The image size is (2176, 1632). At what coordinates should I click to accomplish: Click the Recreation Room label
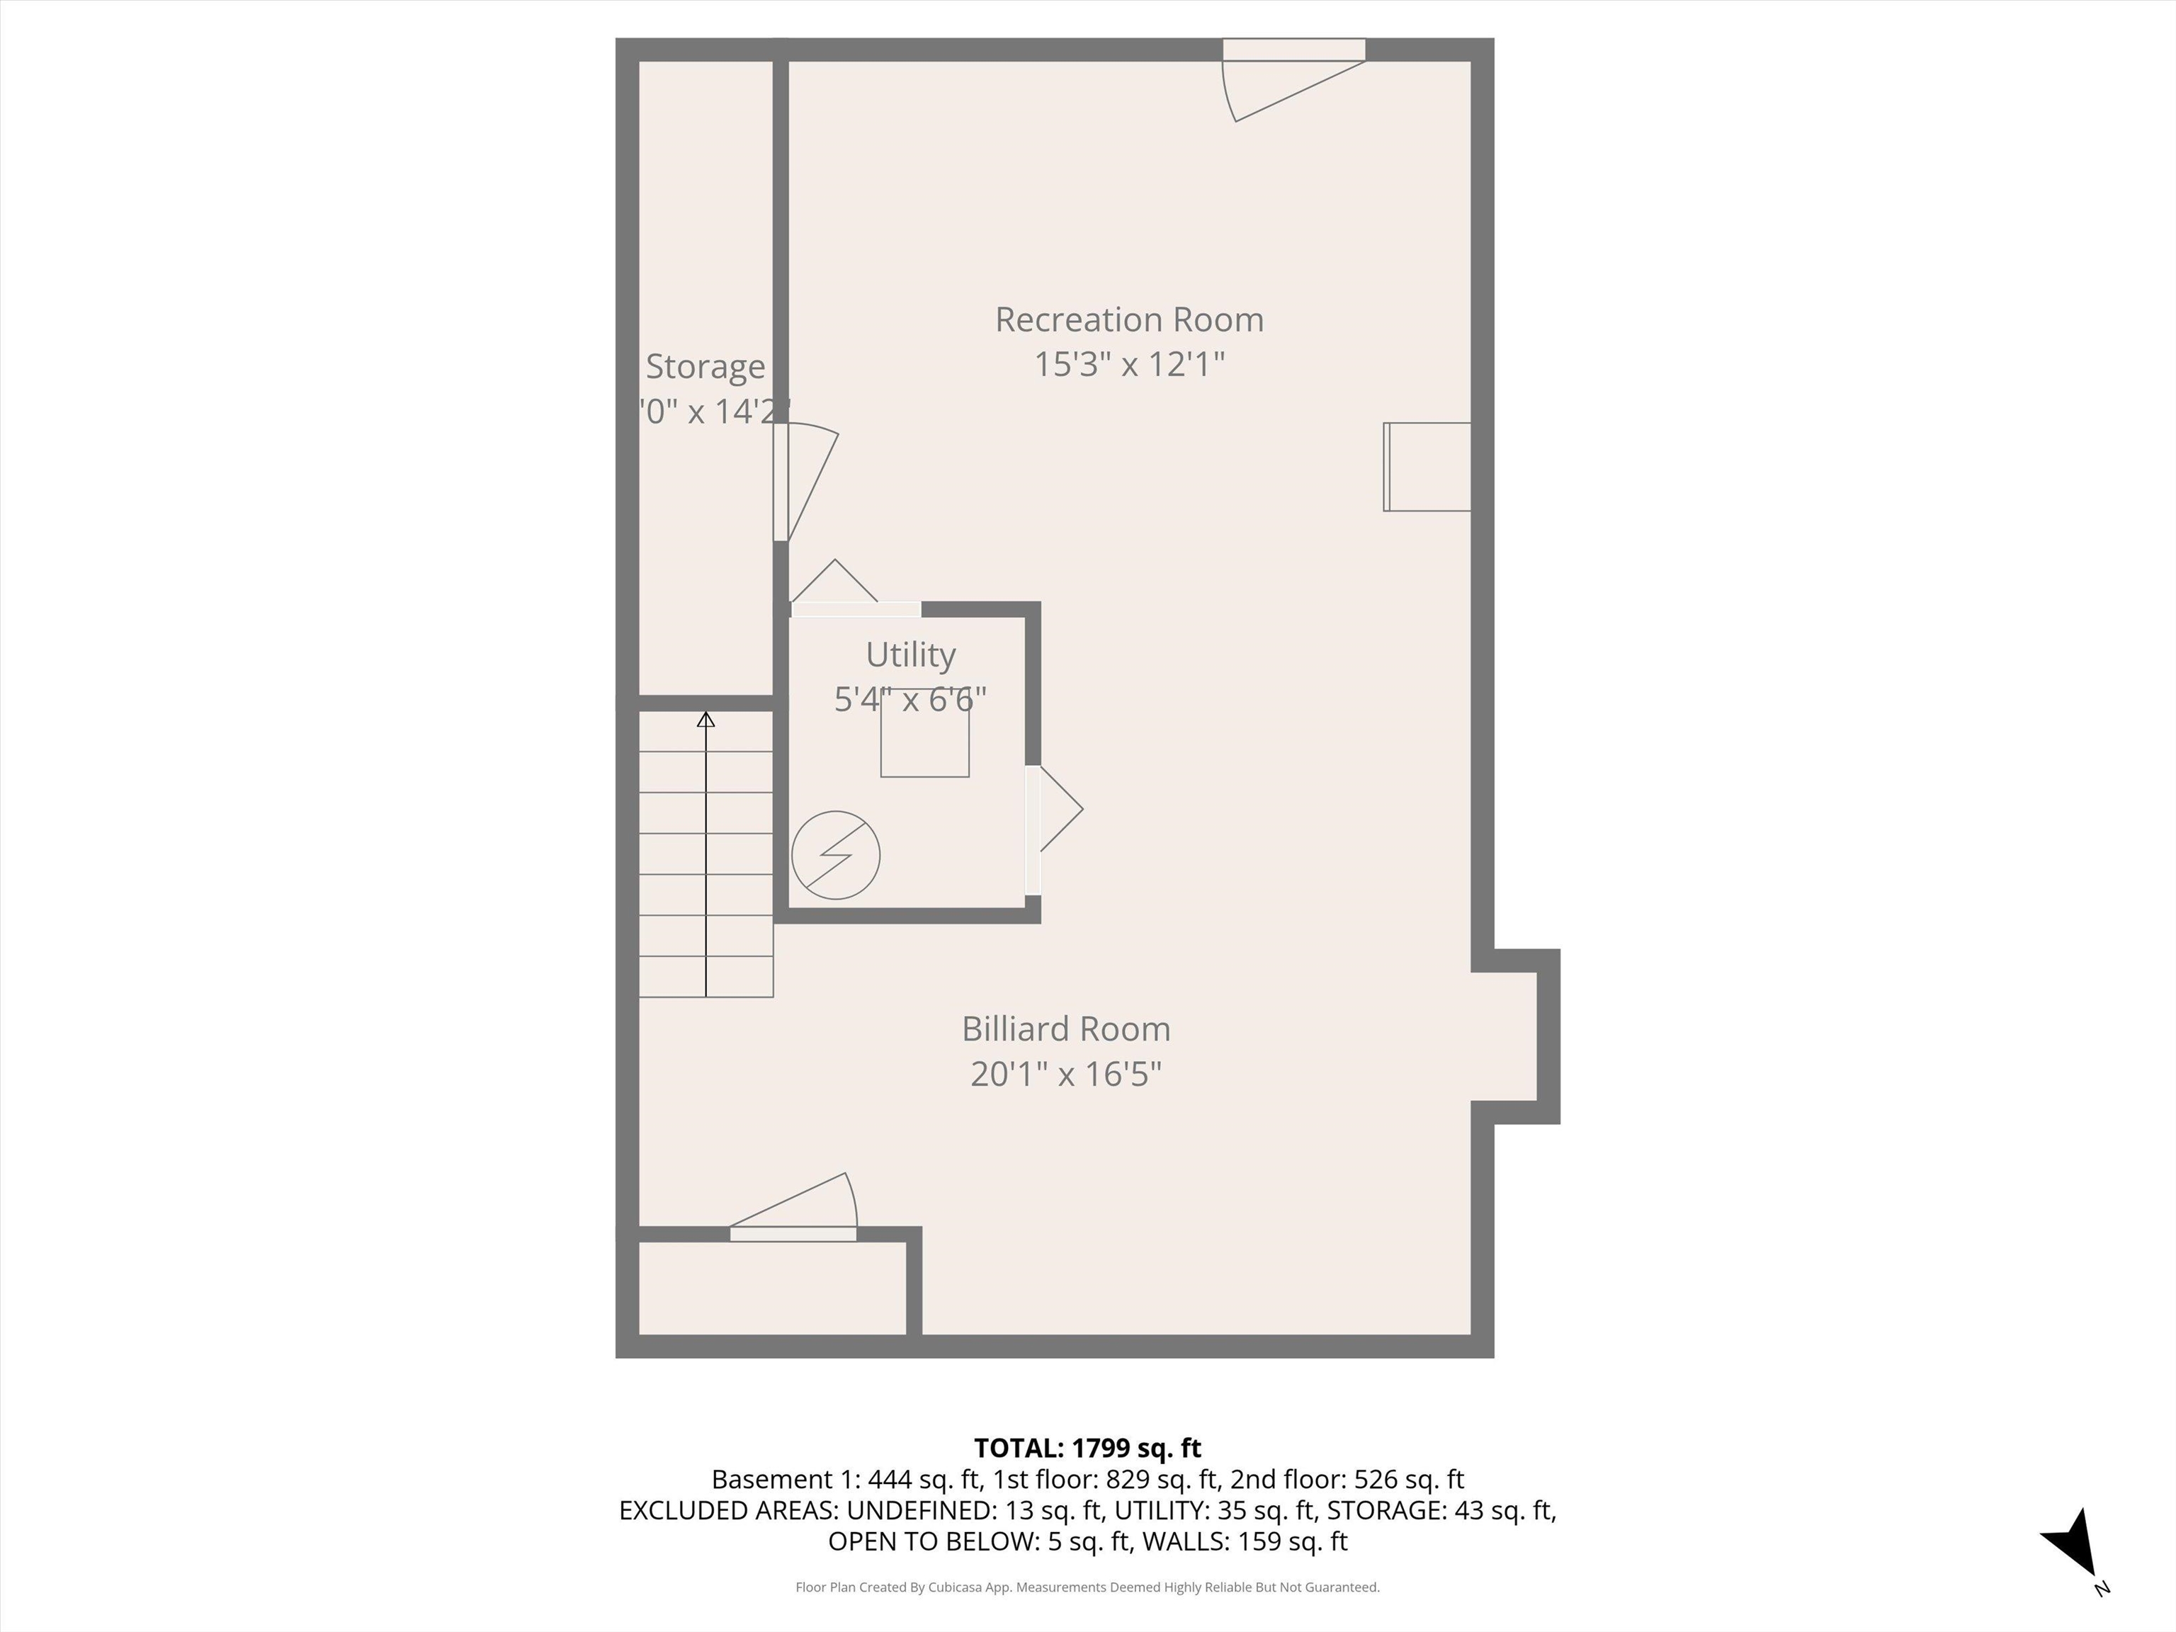tap(1128, 319)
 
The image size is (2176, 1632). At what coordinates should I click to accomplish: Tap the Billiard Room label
tap(1065, 1029)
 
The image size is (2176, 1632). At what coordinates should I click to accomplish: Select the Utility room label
tap(910, 654)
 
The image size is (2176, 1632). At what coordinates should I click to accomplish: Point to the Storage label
tap(704, 366)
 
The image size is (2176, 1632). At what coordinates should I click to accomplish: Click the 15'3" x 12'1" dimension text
tap(1128, 364)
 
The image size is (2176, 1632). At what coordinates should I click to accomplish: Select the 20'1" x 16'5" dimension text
tap(1065, 1073)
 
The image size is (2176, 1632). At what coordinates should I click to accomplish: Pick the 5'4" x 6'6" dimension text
tap(910, 699)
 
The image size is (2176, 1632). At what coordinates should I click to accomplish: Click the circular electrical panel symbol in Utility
tap(835, 855)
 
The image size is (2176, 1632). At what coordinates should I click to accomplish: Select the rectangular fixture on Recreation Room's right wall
tap(1427, 467)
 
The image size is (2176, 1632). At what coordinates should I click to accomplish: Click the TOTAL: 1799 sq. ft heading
tap(1087, 1448)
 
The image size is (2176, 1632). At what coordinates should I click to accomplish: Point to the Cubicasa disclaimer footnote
tap(1087, 1587)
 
